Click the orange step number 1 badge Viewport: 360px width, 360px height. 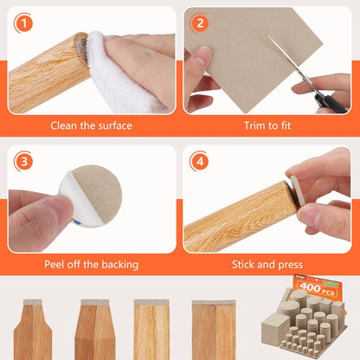tap(25, 23)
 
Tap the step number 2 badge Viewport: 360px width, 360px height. tap(201, 23)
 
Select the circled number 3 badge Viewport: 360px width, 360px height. tap(25, 161)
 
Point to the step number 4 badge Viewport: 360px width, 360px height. tap(201, 161)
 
